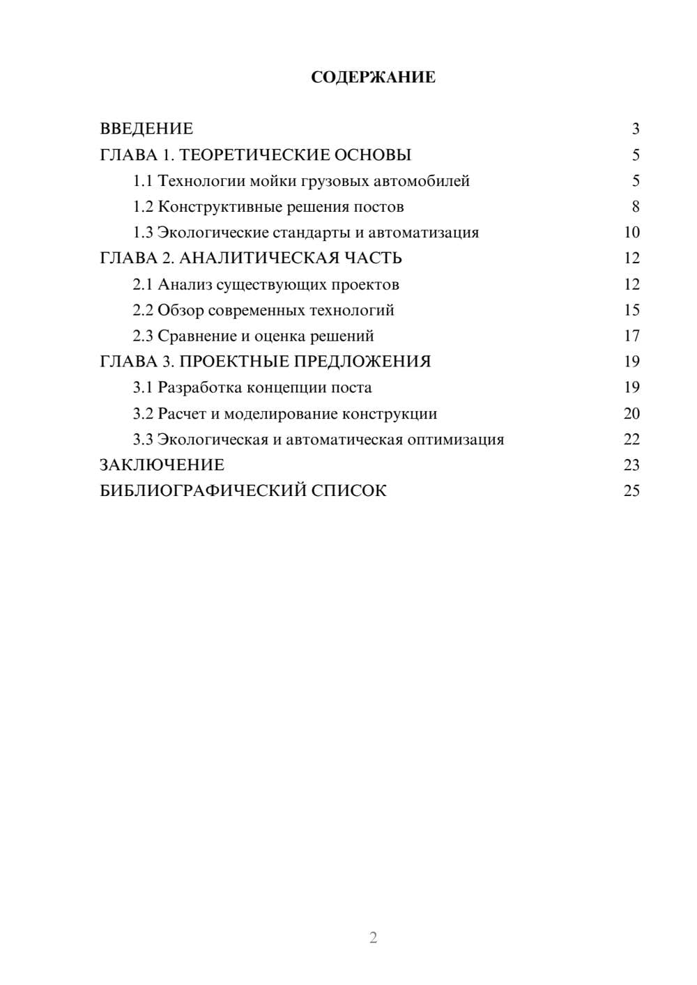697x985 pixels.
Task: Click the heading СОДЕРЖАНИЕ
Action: (x=373, y=77)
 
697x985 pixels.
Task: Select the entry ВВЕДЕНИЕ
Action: (x=146, y=129)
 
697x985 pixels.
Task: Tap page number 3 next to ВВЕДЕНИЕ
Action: (x=635, y=129)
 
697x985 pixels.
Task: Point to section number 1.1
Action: (x=142, y=181)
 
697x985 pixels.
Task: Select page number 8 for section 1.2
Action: (x=635, y=207)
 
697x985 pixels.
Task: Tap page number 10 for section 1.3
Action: (x=631, y=233)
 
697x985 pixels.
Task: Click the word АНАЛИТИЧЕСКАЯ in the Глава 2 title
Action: (x=259, y=258)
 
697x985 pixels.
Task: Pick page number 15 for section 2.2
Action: (x=631, y=310)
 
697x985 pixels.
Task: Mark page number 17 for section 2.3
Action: (x=631, y=336)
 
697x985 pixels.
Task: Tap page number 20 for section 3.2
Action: (x=631, y=414)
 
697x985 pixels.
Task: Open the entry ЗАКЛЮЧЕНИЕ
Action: (x=162, y=465)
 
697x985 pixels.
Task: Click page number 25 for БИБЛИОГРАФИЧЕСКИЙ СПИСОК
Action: (x=631, y=491)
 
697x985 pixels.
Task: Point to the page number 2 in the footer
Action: (x=373, y=938)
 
